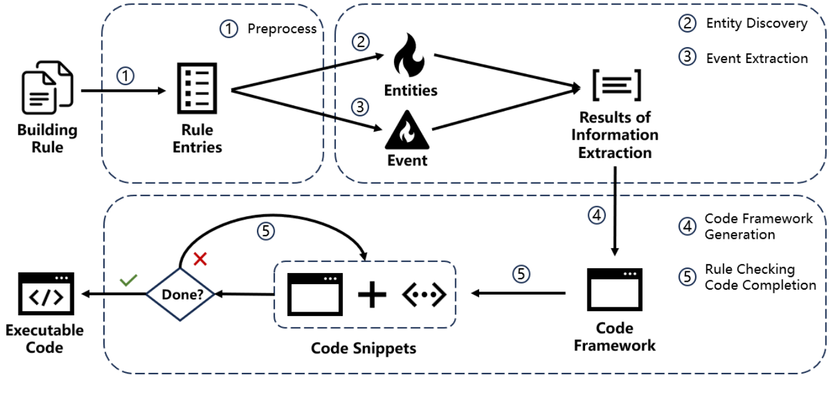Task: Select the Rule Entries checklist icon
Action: [x=197, y=89]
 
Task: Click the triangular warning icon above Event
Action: [x=407, y=130]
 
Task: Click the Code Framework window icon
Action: [x=614, y=292]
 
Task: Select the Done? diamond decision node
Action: [x=182, y=294]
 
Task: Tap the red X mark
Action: [x=200, y=258]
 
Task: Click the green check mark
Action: [x=129, y=280]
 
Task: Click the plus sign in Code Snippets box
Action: [x=371, y=295]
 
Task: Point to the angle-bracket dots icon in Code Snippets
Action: [x=423, y=295]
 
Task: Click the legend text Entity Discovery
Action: [x=756, y=24]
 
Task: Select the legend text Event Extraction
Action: [x=756, y=59]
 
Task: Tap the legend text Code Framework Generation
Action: [x=758, y=227]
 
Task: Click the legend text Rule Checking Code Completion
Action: [x=760, y=277]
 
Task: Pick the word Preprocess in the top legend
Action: [x=282, y=29]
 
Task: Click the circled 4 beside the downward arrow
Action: [x=596, y=216]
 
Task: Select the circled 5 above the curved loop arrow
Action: [x=265, y=231]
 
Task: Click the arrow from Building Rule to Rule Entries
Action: [x=122, y=91]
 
